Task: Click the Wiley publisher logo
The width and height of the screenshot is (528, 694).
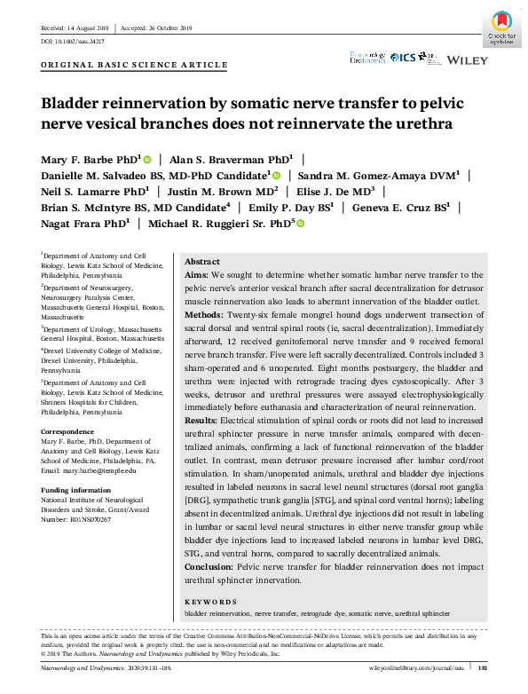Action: click(467, 59)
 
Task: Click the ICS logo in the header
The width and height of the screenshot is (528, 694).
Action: click(404, 58)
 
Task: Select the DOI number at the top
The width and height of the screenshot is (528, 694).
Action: click(73, 42)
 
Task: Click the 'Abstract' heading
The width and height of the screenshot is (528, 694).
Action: click(201, 262)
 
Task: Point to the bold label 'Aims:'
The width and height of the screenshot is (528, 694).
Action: click(198, 276)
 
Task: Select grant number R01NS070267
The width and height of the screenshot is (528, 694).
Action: click(91, 518)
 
